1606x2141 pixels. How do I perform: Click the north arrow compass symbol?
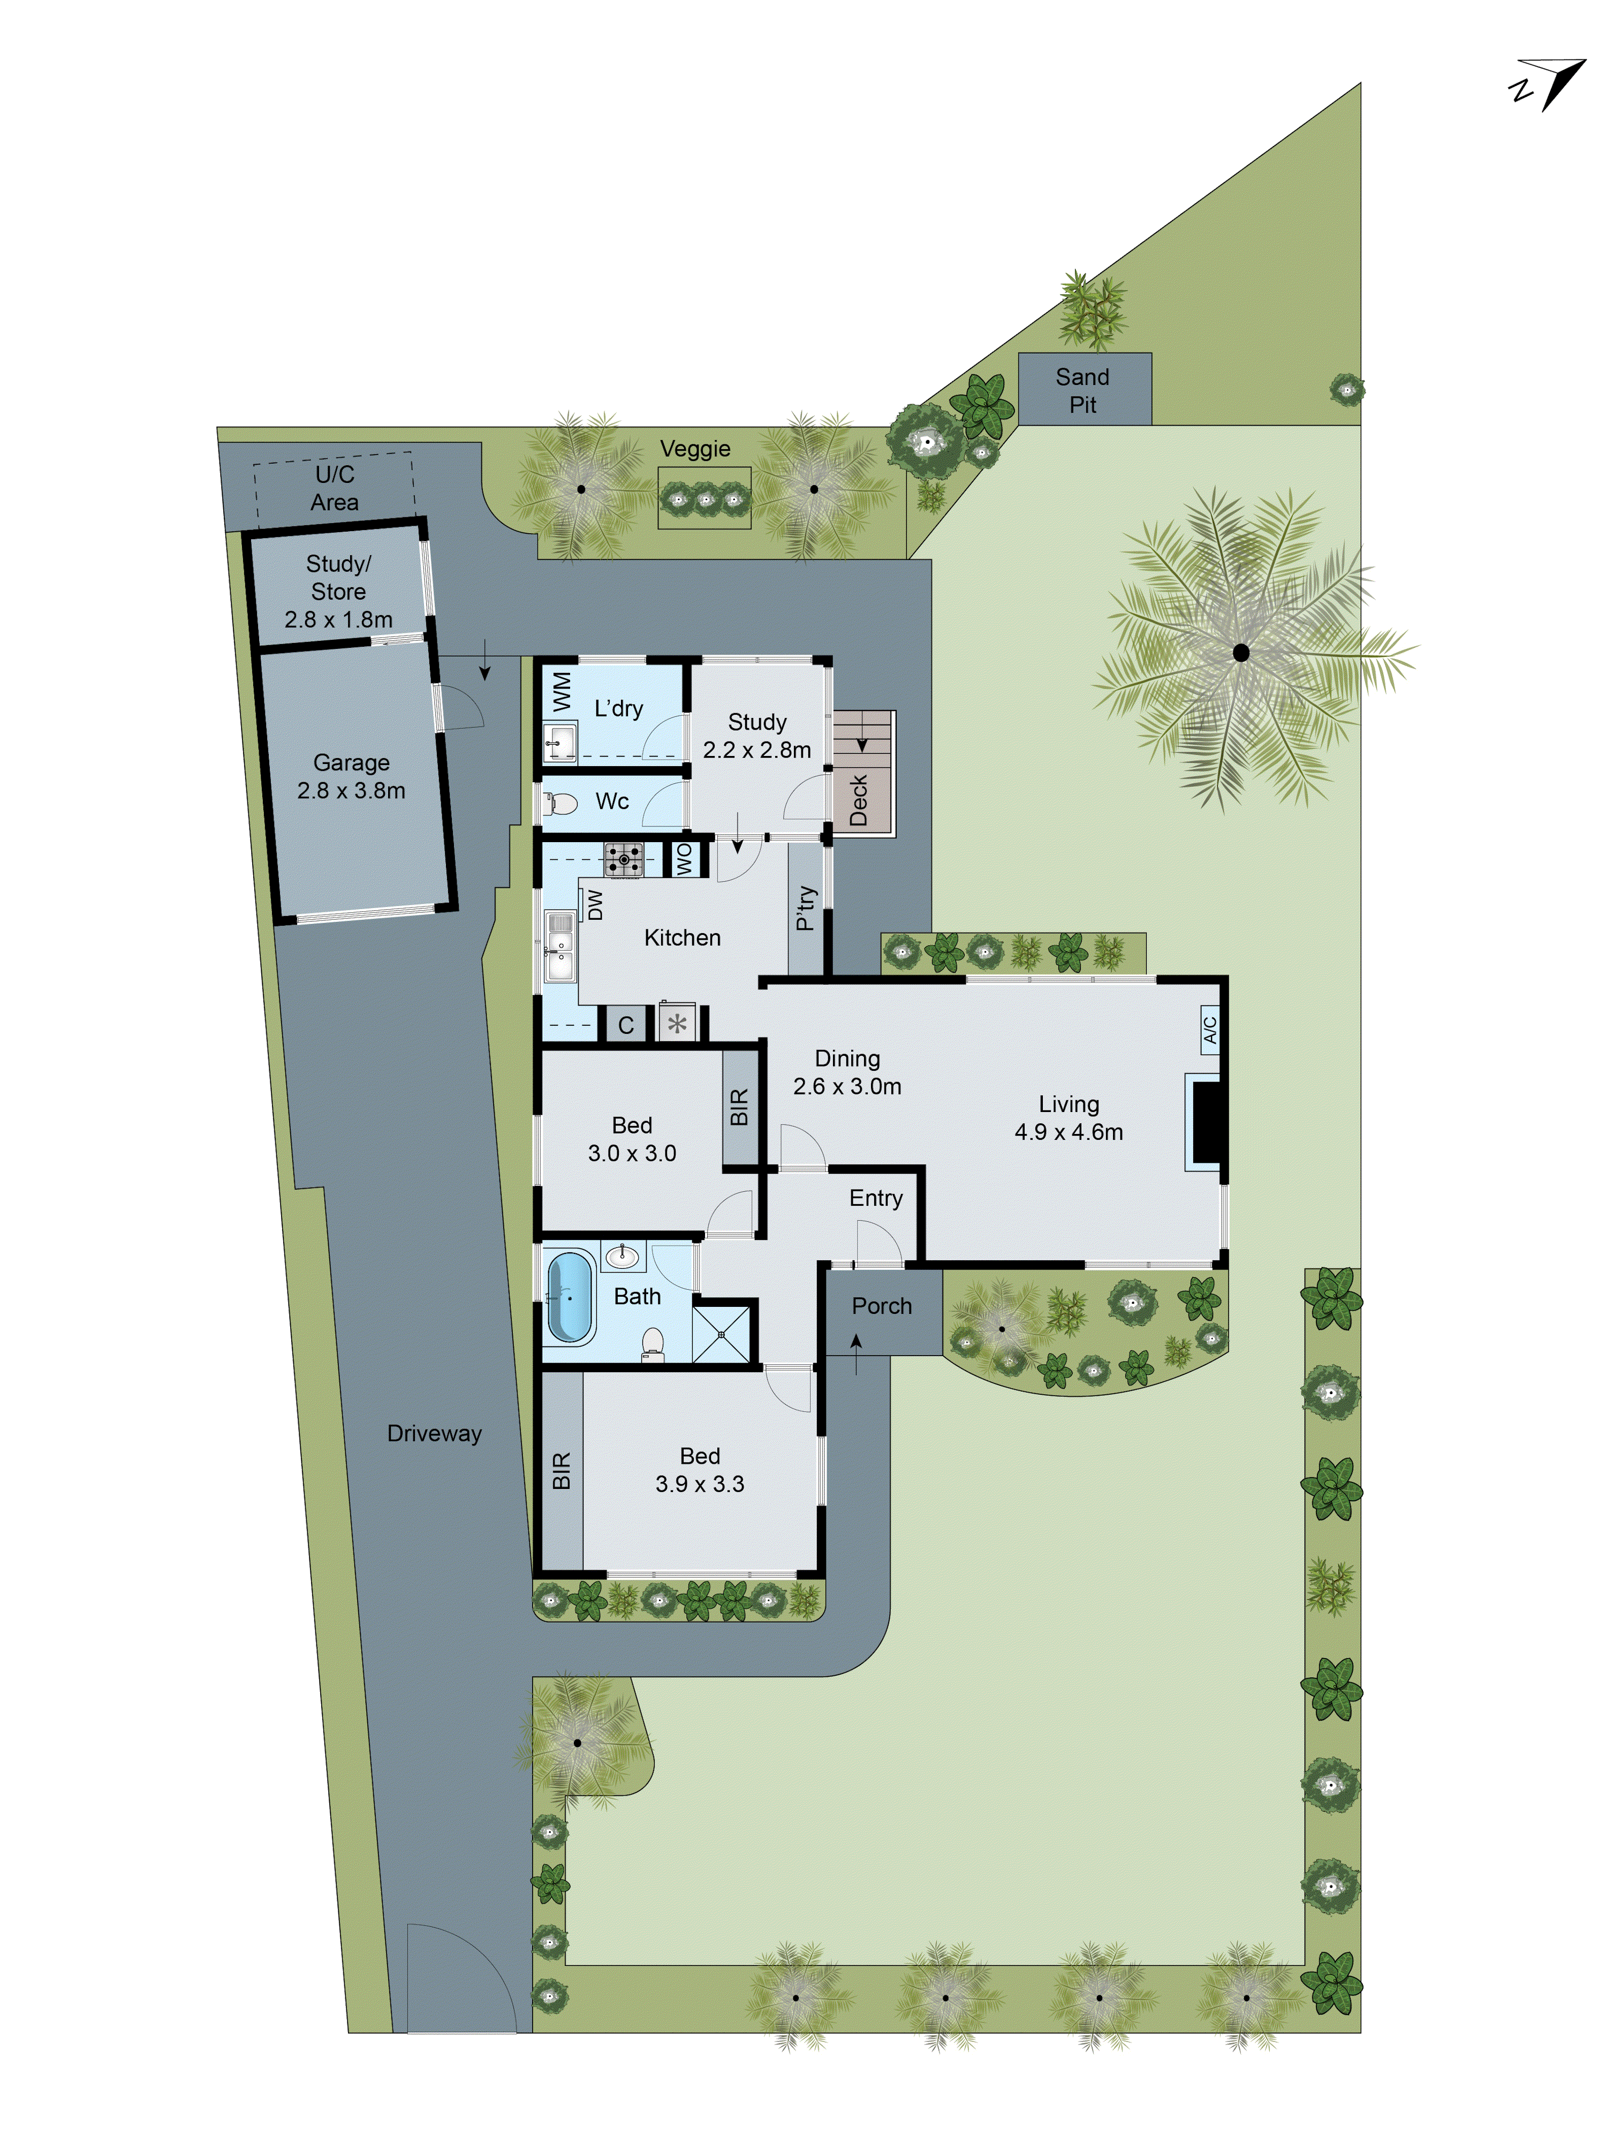pyautogui.click(x=1549, y=84)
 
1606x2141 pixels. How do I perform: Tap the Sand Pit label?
pyautogui.click(x=1082, y=390)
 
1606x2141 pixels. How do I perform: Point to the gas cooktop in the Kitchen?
pyautogui.click(x=624, y=859)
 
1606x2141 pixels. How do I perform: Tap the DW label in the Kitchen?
pyautogui.click(x=594, y=904)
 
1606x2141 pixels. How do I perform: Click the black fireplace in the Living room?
pyautogui.click(x=1207, y=1121)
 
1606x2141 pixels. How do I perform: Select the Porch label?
pyautogui.click(x=881, y=1306)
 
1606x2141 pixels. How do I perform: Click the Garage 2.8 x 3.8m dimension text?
pyautogui.click(x=351, y=776)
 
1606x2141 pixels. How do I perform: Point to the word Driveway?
pyautogui.click(x=434, y=1433)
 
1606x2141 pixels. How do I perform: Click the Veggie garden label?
pyautogui.click(x=694, y=448)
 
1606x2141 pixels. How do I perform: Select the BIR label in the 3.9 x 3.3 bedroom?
pyautogui.click(x=562, y=1470)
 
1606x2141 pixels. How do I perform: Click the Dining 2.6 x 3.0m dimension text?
pyautogui.click(x=847, y=1072)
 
